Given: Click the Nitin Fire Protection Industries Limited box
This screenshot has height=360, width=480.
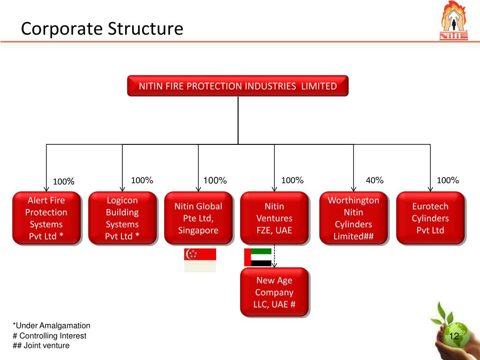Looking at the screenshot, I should coord(238,86).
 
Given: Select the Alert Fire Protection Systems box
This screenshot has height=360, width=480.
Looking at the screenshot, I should coord(46,218).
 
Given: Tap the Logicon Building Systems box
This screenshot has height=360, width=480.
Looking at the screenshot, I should coord(122,218).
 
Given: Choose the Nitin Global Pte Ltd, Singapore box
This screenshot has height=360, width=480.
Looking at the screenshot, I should coord(198,218).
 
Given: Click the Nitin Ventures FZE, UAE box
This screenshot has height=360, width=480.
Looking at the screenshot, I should coord(274,218).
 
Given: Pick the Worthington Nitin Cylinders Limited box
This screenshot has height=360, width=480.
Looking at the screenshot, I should coord(353,218).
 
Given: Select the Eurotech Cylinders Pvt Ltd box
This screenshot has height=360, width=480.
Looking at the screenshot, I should coord(430,218).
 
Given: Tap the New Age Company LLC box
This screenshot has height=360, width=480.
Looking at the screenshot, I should coord(274,292).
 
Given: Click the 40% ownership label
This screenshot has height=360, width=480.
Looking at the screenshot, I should coord(375,180).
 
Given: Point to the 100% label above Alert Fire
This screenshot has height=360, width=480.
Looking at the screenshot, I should coord(63,181).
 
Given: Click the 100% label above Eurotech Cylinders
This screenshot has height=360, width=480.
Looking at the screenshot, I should coord(448,180).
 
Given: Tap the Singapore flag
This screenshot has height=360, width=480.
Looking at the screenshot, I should coord(200,260).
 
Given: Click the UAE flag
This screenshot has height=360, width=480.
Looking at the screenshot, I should coord(258,257).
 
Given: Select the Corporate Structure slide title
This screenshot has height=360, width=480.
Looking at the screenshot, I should coord(102,29).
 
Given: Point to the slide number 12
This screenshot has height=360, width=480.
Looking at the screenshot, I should coord(453,337).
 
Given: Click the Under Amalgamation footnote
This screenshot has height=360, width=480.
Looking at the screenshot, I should coord(52,326).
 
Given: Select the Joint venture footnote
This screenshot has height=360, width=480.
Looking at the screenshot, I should coord(41,345).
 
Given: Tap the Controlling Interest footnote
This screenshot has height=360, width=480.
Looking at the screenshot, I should coord(50,336).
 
